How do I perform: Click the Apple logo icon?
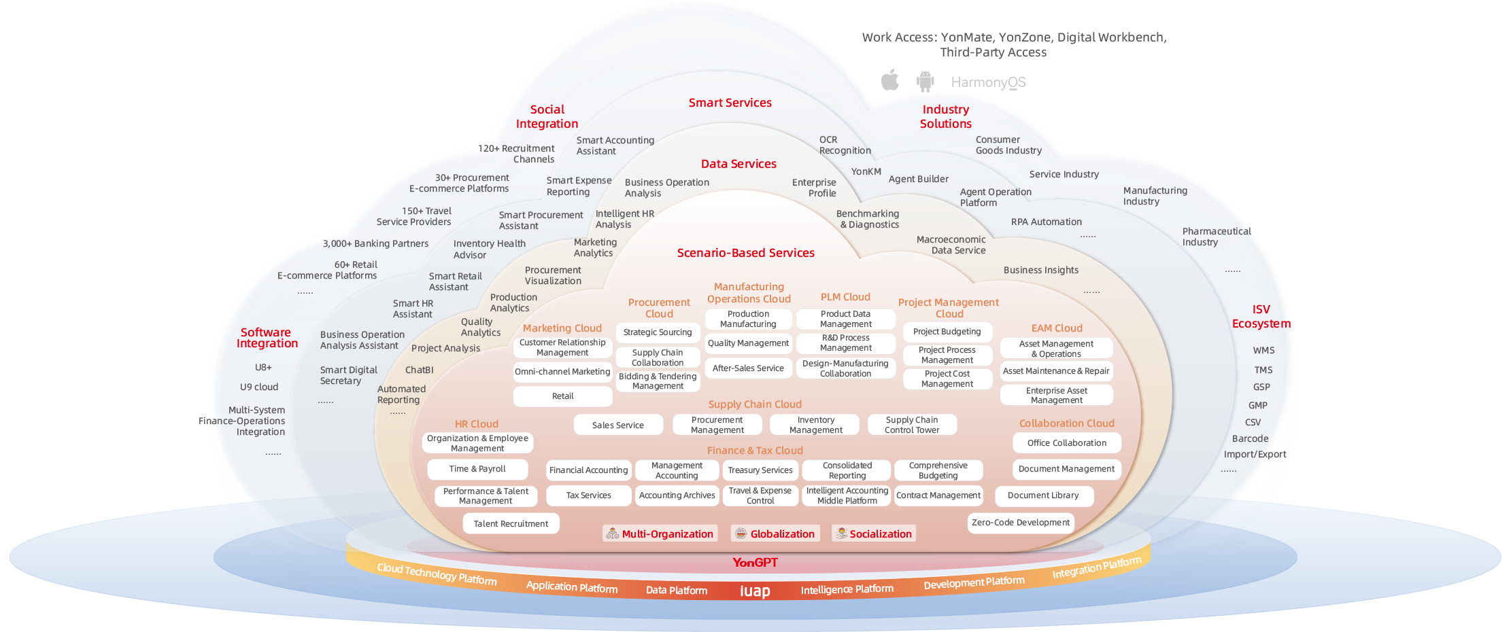889,80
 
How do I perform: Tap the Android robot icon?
925,82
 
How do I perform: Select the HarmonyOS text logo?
988,82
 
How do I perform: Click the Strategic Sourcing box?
657,332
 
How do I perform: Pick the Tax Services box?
588,495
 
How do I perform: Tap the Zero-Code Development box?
1020,523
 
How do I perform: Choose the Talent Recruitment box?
511,524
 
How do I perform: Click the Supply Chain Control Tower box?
912,425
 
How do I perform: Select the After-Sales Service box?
748,368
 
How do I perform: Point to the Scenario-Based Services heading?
745,253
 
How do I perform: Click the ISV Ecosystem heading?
1261,317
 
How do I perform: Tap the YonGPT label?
755,562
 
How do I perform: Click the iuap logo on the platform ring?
755,591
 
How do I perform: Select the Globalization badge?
775,533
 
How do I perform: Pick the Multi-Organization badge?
659,533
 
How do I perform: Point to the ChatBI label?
419,370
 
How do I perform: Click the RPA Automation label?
1046,222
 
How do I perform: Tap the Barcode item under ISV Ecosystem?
1250,439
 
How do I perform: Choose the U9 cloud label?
259,387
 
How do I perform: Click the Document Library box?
1043,495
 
